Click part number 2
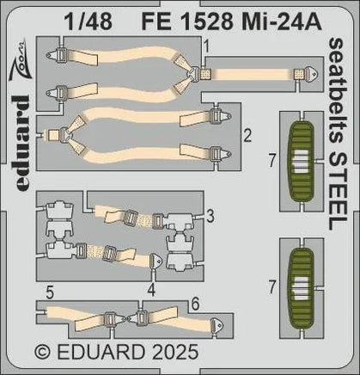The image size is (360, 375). [x=247, y=134]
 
